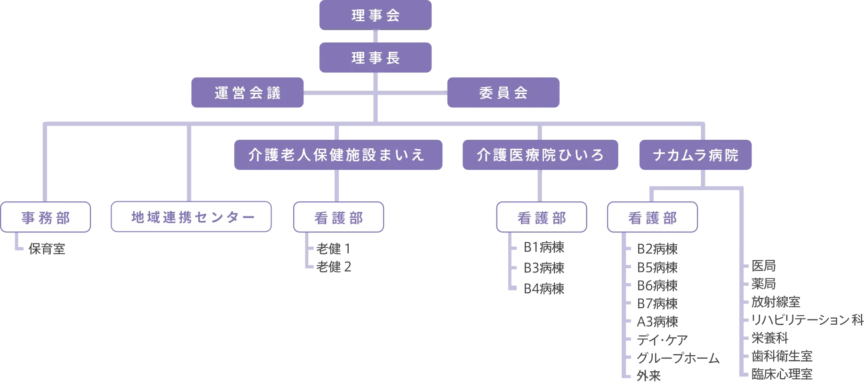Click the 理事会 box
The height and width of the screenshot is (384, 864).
tap(375, 16)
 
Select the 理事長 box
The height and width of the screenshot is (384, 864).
tap(375, 58)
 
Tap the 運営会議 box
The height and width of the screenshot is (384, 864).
tap(247, 93)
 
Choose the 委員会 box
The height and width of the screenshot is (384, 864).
tap(503, 93)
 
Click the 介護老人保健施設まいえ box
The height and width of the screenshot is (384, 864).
tap(338, 155)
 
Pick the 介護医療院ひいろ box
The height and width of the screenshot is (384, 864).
tap(540, 155)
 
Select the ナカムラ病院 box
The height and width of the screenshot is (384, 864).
tap(695, 155)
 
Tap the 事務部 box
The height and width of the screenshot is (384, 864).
tap(46, 217)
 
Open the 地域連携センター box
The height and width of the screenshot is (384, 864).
tap(191, 217)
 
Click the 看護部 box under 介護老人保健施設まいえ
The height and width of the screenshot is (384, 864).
tap(339, 217)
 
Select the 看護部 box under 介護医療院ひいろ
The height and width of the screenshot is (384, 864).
tap(542, 217)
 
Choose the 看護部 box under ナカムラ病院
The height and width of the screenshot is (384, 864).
tap(652, 217)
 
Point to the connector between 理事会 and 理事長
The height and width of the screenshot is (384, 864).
tap(376, 36)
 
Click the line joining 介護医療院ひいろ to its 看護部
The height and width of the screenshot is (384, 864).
tap(538, 186)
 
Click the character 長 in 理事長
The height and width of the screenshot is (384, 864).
tap(393, 58)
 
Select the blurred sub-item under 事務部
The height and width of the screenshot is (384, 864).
tap(48, 249)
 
